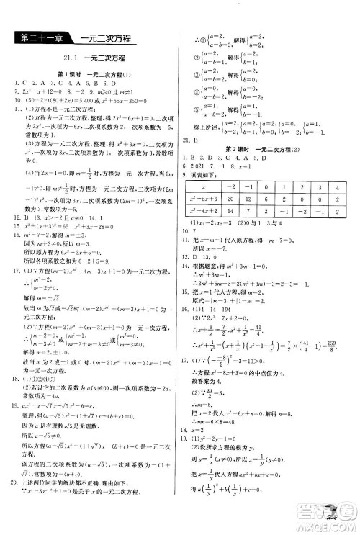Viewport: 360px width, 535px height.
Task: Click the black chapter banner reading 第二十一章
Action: [x=40, y=39]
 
